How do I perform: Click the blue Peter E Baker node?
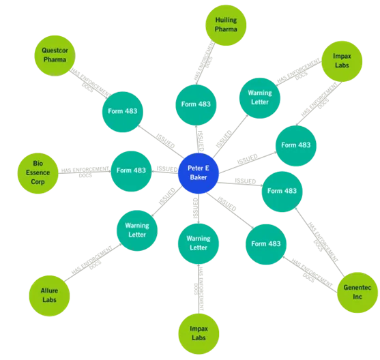point(198,172)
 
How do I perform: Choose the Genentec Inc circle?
point(357,292)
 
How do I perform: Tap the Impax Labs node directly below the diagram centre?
point(199,333)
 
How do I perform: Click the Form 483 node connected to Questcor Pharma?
point(122,110)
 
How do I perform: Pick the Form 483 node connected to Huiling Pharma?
point(195,104)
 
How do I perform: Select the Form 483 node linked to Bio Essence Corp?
point(132,170)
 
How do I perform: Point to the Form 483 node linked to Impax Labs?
point(295,145)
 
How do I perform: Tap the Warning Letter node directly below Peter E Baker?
point(198,242)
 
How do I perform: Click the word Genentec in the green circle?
point(357,288)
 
